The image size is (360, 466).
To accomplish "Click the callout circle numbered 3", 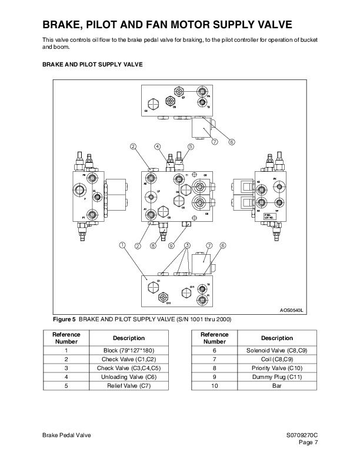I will tap(187, 245).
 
